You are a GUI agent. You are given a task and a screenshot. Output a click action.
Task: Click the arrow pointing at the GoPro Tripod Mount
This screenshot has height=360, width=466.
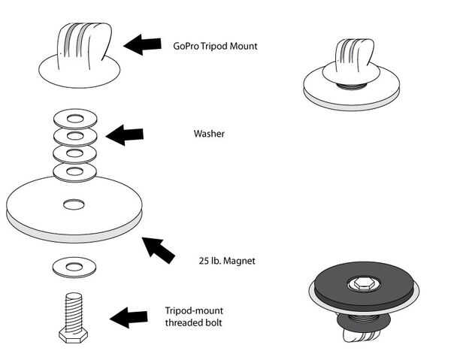[142, 44]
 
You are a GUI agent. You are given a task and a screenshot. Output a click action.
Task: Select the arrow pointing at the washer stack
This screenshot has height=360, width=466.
[125, 135]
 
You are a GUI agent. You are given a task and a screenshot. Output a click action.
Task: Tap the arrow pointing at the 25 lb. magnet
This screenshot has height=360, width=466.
[159, 250]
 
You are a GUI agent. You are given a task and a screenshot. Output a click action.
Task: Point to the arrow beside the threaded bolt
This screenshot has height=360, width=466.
[129, 317]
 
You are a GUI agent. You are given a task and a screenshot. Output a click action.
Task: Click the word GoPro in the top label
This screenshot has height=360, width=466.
[186, 46]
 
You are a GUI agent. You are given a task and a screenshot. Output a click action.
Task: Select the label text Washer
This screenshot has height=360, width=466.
[209, 134]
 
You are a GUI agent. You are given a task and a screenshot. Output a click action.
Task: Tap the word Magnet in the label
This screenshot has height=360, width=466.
[239, 261]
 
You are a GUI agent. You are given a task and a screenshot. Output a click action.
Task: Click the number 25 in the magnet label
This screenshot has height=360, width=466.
[204, 261]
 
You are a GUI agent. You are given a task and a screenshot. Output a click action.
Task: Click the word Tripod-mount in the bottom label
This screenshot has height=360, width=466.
[194, 311]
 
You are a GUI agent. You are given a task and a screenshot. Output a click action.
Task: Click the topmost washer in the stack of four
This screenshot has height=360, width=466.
[75, 119]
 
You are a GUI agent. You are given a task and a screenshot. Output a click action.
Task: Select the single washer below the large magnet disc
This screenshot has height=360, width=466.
[74, 268]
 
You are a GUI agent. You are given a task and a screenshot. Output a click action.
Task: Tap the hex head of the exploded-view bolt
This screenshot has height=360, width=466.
[73, 336]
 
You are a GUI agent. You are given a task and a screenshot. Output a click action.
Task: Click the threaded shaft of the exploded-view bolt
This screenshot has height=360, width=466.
[73, 311]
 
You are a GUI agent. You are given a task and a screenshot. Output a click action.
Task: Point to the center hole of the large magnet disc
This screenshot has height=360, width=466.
[74, 204]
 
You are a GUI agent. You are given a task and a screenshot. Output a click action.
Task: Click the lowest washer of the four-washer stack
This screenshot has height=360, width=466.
[74, 172]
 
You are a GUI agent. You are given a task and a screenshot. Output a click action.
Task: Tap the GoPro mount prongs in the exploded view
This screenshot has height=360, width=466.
[84, 46]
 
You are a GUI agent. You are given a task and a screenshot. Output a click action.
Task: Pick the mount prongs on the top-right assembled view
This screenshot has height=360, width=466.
[354, 55]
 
